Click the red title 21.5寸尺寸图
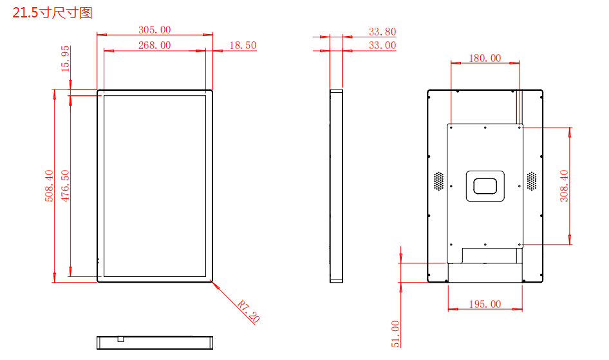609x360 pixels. coord(52,13)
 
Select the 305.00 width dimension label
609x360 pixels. coord(155,30)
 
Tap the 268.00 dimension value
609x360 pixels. coord(155,46)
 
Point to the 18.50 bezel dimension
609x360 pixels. coord(243,46)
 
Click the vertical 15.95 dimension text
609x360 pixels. coord(65,59)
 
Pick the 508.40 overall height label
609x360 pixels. coord(49,185)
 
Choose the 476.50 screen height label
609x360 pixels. coord(65,185)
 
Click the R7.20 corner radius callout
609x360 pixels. coord(248,312)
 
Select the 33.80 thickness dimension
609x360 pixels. coord(382,32)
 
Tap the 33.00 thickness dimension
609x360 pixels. coord(382,46)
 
